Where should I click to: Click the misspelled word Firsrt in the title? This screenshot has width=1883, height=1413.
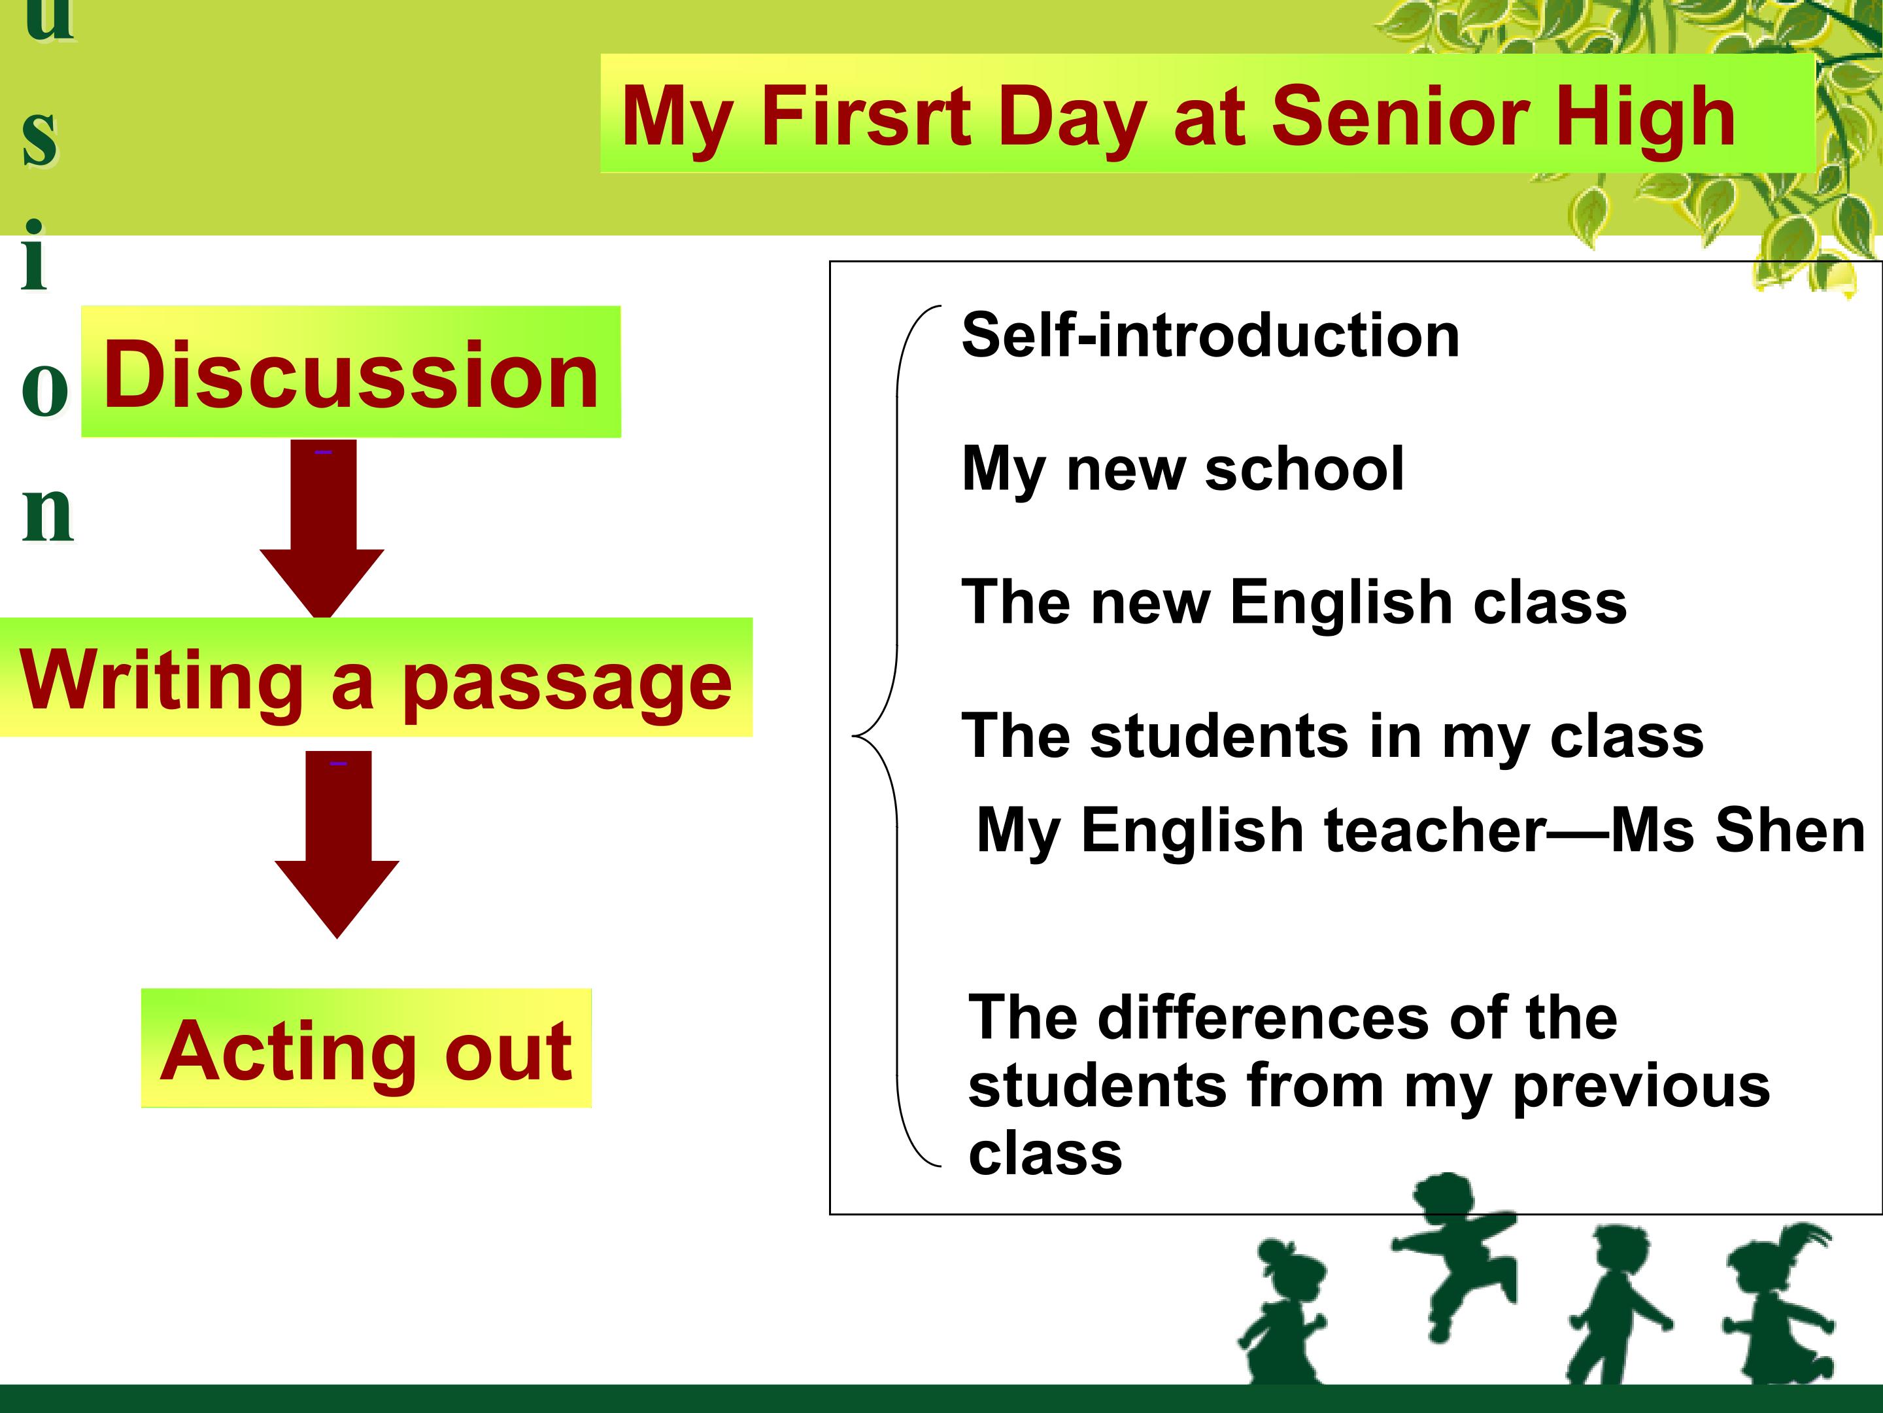point(865,116)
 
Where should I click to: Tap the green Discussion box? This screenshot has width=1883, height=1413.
point(350,372)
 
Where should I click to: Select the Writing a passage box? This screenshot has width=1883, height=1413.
point(375,678)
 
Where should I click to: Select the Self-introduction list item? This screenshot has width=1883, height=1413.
point(1210,335)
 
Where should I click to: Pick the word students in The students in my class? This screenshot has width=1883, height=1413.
point(1219,736)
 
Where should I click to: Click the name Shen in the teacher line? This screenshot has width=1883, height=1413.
point(1790,829)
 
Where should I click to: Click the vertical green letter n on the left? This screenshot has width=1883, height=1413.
point(48,514)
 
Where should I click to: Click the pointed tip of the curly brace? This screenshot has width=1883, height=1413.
point(853,735)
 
